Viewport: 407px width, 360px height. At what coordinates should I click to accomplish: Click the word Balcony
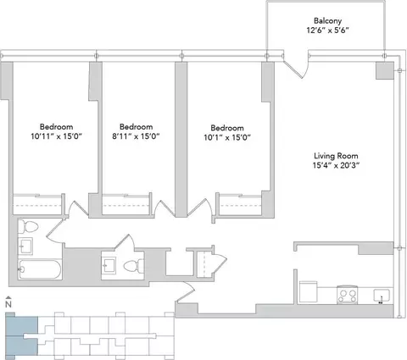coord(327,21)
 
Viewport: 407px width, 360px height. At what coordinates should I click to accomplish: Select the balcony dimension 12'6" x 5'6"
coord(328,30)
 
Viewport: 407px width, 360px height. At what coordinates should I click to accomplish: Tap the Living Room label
coord(336,156)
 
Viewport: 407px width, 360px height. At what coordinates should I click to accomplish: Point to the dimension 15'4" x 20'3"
coord(336,165)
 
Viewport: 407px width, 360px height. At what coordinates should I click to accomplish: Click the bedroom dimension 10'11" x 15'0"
coord(56,136)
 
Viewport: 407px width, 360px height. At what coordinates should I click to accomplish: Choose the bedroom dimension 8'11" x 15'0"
coord(136,136)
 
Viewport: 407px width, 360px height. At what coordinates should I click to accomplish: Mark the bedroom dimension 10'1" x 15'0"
coord(227,137)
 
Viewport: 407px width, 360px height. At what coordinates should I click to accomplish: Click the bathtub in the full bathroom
coord(40,269)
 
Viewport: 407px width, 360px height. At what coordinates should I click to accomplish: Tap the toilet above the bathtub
coord(28,226)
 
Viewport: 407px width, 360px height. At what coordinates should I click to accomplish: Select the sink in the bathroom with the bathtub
coord(25,246)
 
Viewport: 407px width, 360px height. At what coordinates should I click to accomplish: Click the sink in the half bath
coord(109,266)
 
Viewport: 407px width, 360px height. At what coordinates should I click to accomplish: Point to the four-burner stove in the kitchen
coord(348,295)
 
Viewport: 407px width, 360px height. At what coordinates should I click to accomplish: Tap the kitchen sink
coord(382,296)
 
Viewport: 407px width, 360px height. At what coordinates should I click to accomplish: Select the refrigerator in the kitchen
coord(308,292)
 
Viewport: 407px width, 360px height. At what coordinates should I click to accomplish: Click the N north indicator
coord(8,302)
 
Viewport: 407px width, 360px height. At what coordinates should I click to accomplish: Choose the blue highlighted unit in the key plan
coord(22,335)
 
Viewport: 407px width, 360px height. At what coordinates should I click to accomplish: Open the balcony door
coord(296,67)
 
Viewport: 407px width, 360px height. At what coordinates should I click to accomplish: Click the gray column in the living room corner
coord(385,70)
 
